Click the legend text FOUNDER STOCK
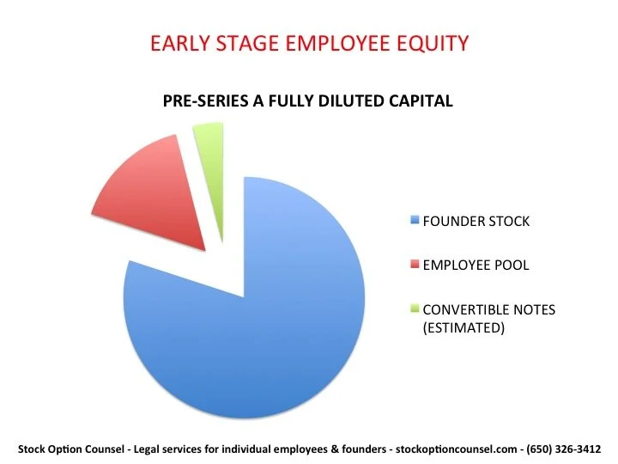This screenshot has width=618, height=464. (476, 222)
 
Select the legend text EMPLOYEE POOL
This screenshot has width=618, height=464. (476, 266)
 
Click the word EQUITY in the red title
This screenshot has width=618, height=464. (433, 41)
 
